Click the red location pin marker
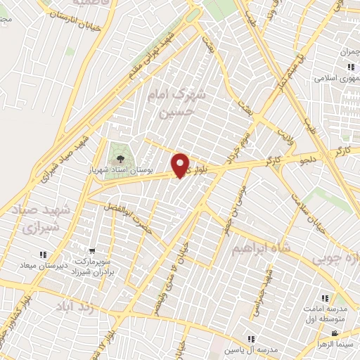pos(181,165)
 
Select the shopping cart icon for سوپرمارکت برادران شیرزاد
pos(92,250)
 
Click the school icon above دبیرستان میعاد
pos(43,255)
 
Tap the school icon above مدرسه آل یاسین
pos(252,340)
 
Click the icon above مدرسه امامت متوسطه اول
pos(325,299)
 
